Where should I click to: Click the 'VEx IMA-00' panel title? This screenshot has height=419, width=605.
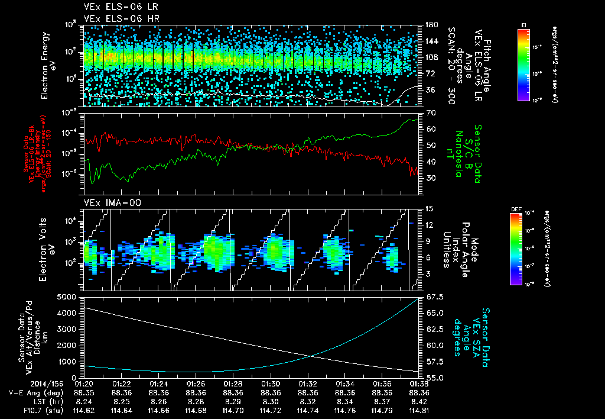click(x=108, y=202)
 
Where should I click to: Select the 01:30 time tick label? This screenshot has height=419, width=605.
click(x=271, y=383)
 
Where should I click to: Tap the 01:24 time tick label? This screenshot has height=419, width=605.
click(x=158, y=383)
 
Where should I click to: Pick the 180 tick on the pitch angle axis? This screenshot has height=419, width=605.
click(x=430, y=24)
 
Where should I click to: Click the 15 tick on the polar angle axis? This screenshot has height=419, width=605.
click(x=428, y=209)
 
